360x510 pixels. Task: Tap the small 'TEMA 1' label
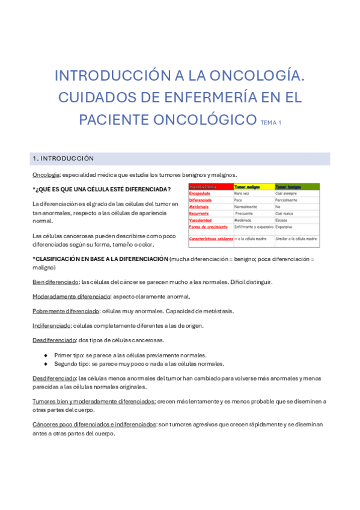(x=270, y=123)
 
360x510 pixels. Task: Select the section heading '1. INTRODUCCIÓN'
(x=63, y=159)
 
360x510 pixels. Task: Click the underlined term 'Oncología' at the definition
(x=46, y=175)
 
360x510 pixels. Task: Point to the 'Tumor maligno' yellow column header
(x=248, y=187)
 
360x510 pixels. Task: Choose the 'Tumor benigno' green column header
(x=288, y=187)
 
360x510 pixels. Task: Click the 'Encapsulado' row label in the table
(x=200, y=194)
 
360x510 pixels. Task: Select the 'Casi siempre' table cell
(x=287, y=194)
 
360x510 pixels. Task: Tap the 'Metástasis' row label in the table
(x=198, y=207)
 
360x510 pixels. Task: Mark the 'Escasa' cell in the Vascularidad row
(x=282, y=220)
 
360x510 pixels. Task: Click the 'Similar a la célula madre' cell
(x=296, y=239)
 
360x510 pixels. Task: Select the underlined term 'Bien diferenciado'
(x=55, y=281)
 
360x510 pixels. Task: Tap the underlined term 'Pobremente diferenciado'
(x=66, y=311)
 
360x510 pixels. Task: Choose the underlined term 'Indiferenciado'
(x=52, y=326)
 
